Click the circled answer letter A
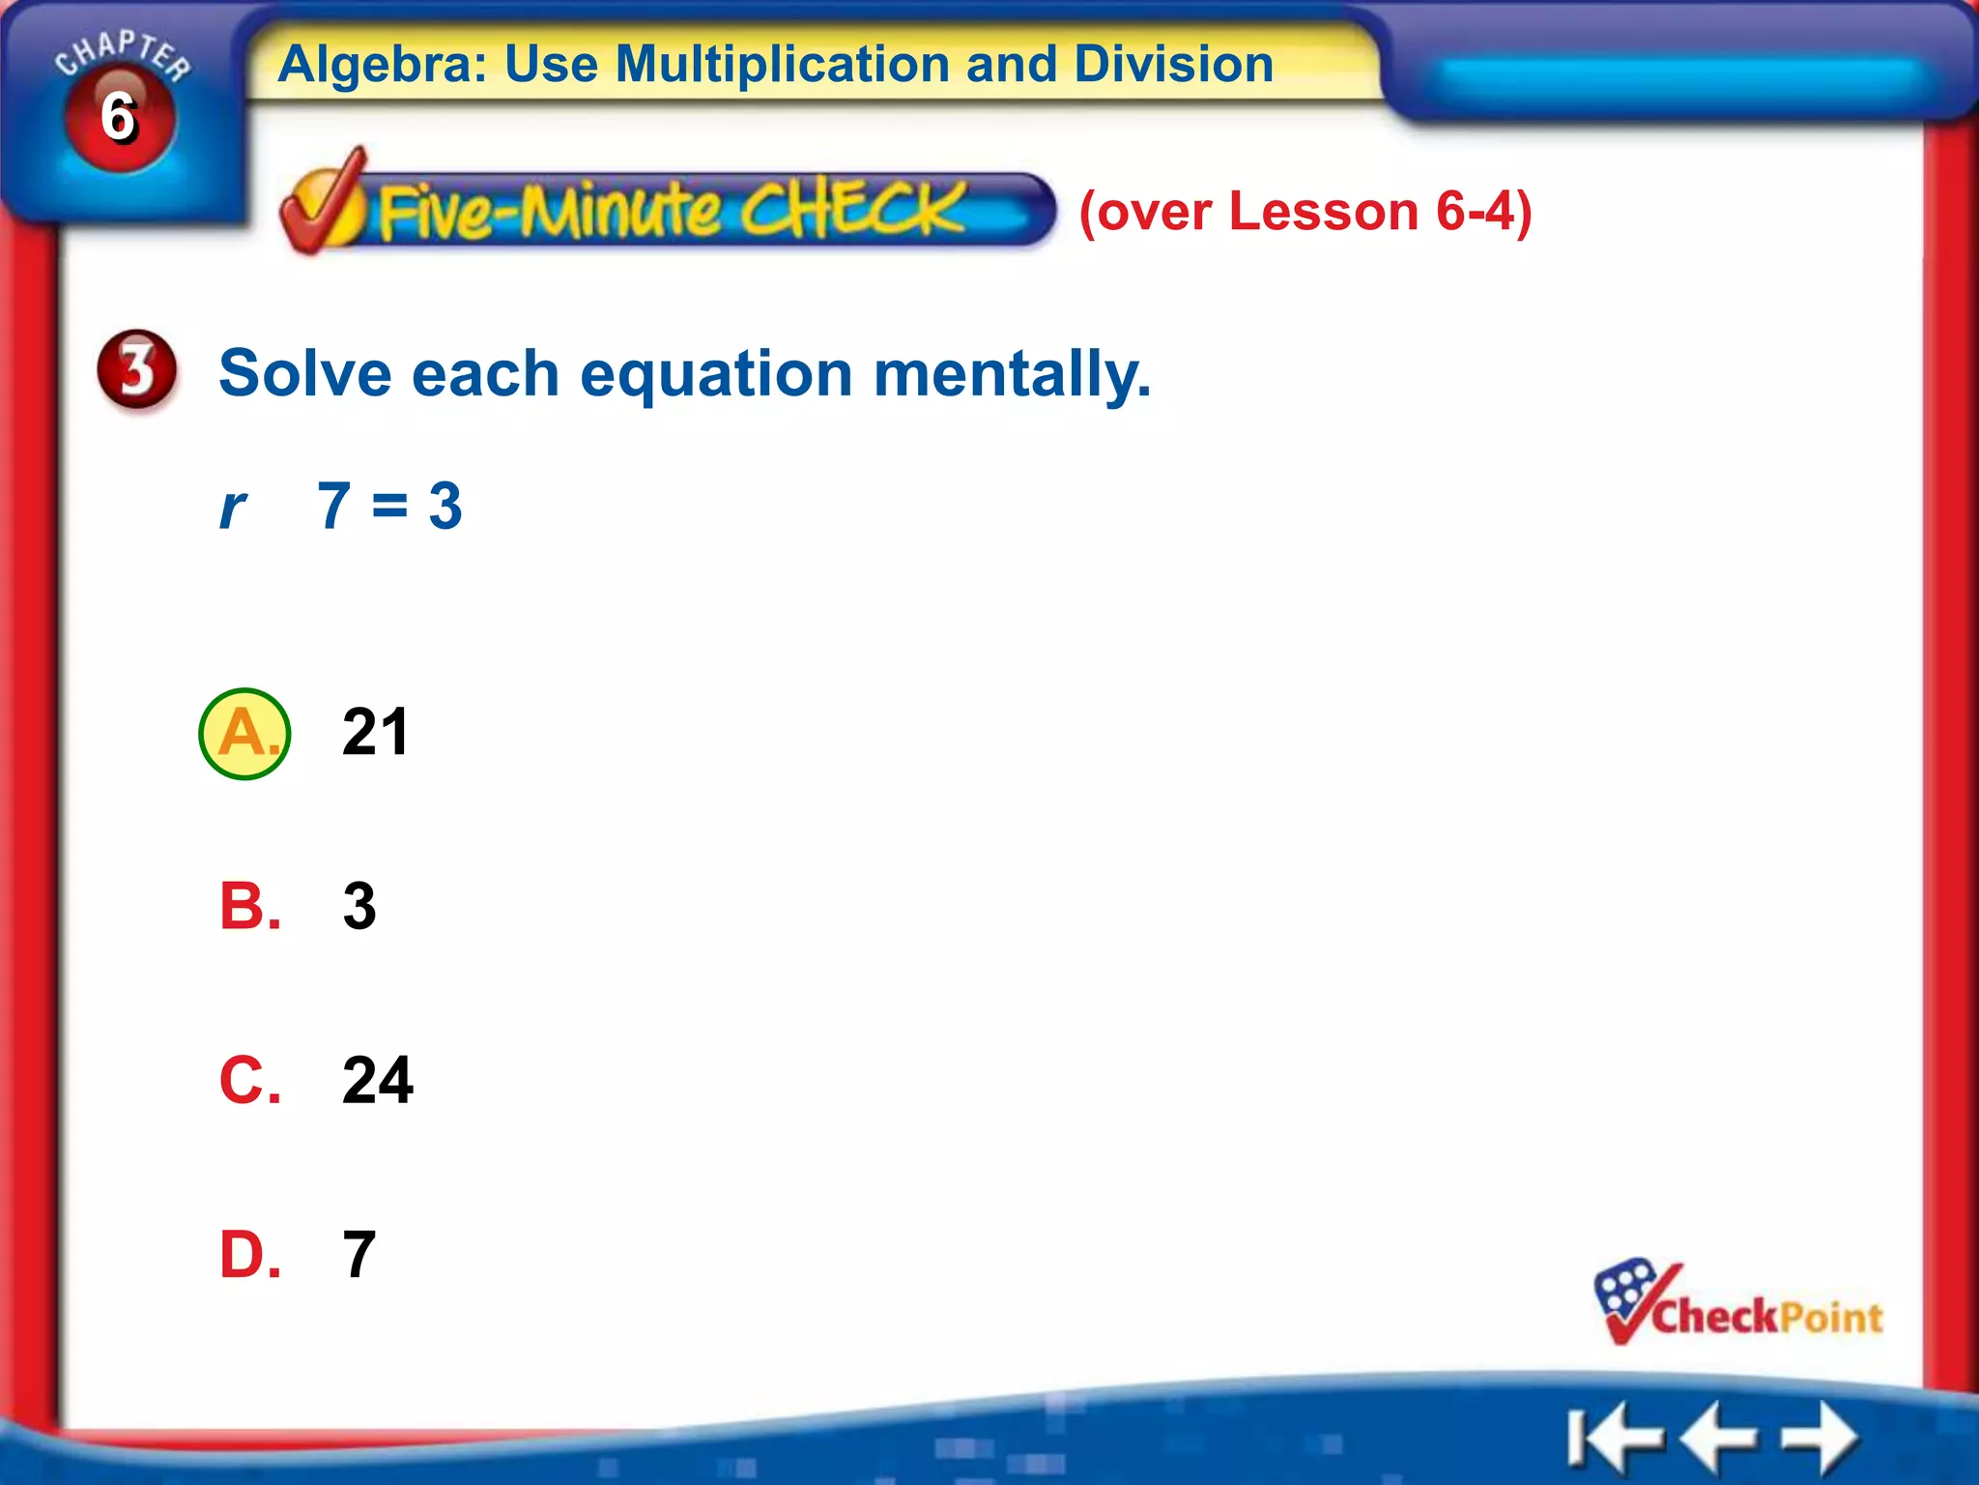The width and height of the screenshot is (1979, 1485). (x=244, y=734)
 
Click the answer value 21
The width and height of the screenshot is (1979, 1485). (x=376, y=732)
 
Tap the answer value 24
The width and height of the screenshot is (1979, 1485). (x=378, y=1080)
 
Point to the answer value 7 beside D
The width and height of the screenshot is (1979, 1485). (x=359, y=1255)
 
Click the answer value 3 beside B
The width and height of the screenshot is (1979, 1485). (x=359, y=907)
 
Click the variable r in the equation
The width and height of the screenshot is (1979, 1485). (x=233, y=507)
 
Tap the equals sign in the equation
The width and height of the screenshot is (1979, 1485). (x=389, y=505)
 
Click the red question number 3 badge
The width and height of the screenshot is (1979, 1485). (x=137, y=369)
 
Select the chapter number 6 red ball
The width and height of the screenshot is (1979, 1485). (x=119, y=118)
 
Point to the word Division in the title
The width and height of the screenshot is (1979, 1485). (x=1173, y=65)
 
